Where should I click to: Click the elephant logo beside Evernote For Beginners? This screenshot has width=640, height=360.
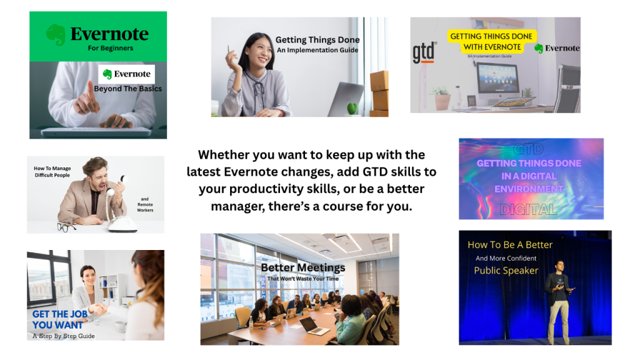click(x=56, y=34)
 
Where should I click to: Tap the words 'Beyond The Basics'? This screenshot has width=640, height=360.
click(x=127, y=89)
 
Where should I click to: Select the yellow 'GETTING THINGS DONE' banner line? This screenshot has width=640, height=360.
click(x=491, y=36)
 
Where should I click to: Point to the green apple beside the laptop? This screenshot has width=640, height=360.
click(x=352, y=109)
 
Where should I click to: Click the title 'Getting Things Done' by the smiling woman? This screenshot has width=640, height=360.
click(x=317, y=39)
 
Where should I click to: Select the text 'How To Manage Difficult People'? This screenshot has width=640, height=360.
click(x=52, y=171)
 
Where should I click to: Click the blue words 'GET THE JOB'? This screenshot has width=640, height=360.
click(x=60, y=314)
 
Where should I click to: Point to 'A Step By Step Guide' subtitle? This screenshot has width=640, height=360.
click(x=64, y=336)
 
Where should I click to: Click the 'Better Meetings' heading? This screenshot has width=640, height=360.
click(x=303, y=267)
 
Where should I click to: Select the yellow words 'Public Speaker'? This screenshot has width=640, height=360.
click(x=506, y=270)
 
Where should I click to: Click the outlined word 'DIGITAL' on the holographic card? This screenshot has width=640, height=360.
click(x=528, y=209)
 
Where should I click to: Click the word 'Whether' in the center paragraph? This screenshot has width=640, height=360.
click(x=224, y=155)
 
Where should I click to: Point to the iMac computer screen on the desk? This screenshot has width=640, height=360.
click(x=497, y=78)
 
